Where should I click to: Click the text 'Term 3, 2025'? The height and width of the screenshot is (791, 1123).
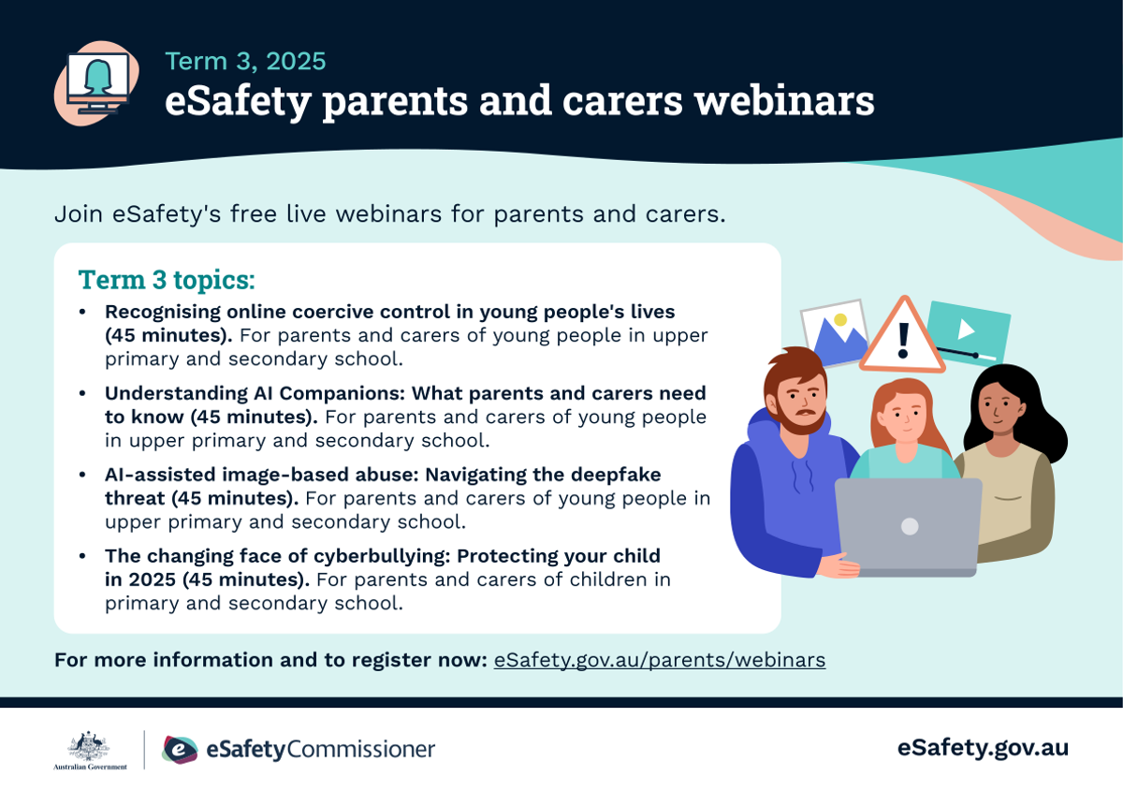click(x=245, y=61)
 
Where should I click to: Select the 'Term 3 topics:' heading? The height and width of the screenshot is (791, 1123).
click(x=167, y=279)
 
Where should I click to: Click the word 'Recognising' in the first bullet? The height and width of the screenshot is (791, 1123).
click(x=163, y=312)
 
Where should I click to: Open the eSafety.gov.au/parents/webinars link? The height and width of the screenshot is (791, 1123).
click(x=659, y=660)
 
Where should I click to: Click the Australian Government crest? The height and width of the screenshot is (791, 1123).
click(x=89, y=746)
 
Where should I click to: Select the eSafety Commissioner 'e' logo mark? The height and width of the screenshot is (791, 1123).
click(x=180, y=750)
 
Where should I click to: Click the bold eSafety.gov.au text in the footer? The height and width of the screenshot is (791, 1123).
click(x=983, y=748)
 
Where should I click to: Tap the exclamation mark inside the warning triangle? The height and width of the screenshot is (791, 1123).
click(x=903, y=340)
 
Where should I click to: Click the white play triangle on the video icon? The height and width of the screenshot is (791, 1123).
click(x=966, y=330)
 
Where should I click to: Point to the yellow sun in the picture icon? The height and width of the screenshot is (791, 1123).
click(x=840, y=319)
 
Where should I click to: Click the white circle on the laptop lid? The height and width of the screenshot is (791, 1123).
click(x=910, y=526)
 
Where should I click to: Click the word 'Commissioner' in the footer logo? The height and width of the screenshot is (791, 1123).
click(x=361, y=750)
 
